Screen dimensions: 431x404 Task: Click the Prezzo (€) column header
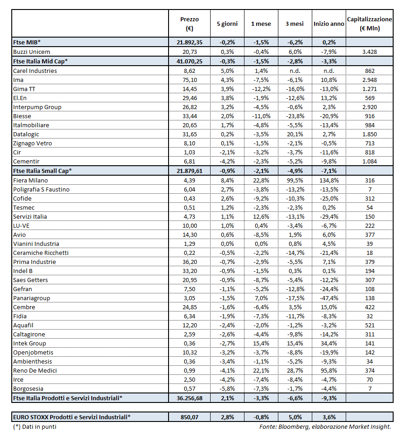pyautogui.click(x=189, y=24)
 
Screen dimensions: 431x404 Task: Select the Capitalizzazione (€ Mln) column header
pyautogui.click(x=370, y=24)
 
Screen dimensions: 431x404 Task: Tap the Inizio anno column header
pyautogui.click(x=329, y=24)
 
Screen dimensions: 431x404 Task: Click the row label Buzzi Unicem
pyautogui.click(x=32, y=52)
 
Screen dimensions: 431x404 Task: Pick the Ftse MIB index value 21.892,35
pyautogui.click(x=189, y=43)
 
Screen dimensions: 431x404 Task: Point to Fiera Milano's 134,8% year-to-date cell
pyautogui.click(x=329, y=180)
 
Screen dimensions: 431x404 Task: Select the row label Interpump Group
pyautogui.click(x=37, y=107)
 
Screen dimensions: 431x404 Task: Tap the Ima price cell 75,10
pyautogui.click(x=189, y=80)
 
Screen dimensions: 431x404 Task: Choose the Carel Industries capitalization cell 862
pyautogui.click(x=370, y=71)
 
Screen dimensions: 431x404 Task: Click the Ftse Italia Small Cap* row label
pyautogui.click(x=42, y=171)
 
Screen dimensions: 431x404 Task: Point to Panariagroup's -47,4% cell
pyautogui.click(x=329, y=298)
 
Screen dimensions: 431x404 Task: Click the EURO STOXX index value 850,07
pyautogui.click(x=189, y=416)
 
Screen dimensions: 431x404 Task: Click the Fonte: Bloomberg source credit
pyautogui.click(x=325, y=426)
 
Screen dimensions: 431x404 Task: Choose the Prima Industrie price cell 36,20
pyautogui.click(x=189, y=262)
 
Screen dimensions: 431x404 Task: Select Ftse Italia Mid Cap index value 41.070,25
pyautogui.click(x=189, y=61)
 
